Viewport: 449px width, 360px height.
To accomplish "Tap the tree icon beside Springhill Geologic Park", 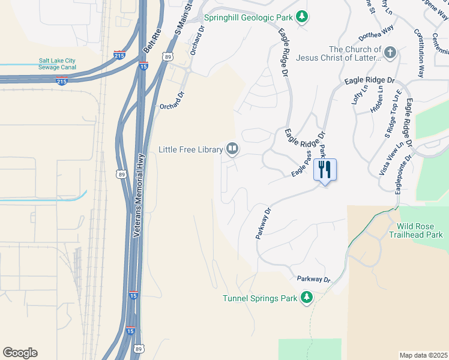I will click(303, 16).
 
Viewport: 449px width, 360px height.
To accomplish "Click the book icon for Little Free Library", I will click(232, 148).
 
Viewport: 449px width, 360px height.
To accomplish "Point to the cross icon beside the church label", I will click(390, 53).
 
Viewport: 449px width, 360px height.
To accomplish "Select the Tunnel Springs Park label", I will click(260, 298).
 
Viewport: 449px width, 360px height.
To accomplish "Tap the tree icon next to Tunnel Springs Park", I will click(307, 297).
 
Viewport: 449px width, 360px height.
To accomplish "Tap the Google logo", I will click(20, 353).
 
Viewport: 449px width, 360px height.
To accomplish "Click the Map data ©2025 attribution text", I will click(423, 355).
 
